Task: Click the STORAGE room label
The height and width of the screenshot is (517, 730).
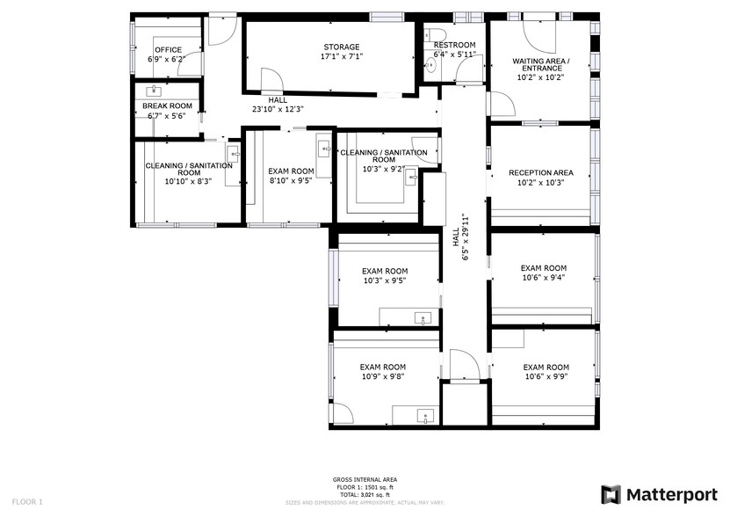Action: click(x=342, y=47)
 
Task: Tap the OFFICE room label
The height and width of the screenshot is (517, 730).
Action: click(x=168, y=49)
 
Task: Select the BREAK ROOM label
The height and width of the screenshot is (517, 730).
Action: click(x=167, y=106)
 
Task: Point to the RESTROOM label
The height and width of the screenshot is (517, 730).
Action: click(x=454, y=45)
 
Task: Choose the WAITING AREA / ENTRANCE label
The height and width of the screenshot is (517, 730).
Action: click(x=541, y=65)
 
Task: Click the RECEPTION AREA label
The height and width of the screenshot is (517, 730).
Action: click(x=541, y=172)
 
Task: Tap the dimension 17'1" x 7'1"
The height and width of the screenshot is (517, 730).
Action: click(x=342, y=56)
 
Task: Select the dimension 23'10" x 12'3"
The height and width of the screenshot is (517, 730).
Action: click(x=278, y=109)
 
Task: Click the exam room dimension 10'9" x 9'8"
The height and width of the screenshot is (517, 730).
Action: click(x=383, y=377)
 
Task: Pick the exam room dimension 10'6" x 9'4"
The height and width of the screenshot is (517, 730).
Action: click(x=543, y=278)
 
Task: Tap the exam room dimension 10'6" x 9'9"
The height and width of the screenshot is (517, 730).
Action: click(x=546, y=377)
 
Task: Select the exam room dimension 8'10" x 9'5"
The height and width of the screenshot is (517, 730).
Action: click(x=291, y=181)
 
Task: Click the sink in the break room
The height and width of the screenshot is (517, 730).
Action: click(x=157, y=90)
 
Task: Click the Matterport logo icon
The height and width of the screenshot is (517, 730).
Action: click(x=611, y=494)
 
